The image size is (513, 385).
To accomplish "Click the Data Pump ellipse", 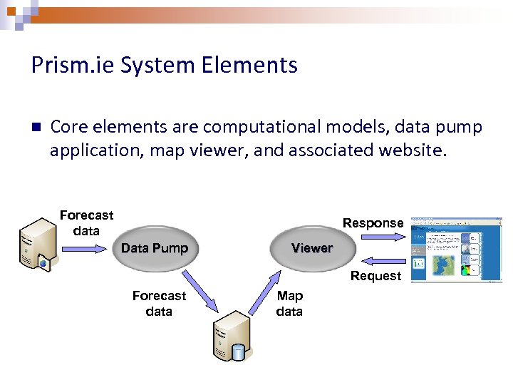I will (x=155, y=248).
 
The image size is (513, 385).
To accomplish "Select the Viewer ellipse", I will (x=311, y=248).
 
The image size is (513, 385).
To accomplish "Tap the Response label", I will (x=373, y=223).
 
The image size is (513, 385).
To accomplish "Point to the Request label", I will (x=375, y=276).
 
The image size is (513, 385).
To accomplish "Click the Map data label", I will (x=289, y=304).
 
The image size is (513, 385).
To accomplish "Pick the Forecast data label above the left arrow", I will (x=86, y=222).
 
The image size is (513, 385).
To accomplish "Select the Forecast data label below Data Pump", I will (x=159, y=304).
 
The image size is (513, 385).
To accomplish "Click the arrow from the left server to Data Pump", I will (x=85, y=249).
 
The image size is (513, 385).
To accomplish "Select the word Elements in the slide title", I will (x=259, y=66).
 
